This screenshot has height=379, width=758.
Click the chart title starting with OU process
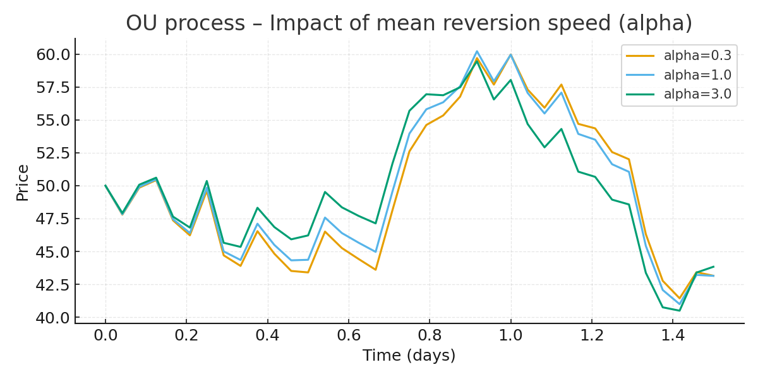(x=409, y=23)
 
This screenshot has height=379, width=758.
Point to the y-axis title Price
(x=23, y=183)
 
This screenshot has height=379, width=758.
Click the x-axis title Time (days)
(x=409, y=356)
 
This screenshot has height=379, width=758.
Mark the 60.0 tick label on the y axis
(x=53, y=54)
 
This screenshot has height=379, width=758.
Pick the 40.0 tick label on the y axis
(x=53, y=318)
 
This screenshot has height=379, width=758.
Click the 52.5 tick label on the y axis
(x=53, y=153)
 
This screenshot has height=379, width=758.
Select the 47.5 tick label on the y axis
(x=53, y=219)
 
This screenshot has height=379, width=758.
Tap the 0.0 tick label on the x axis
(x=105, y=335)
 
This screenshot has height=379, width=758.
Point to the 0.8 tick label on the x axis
(x=430, y=335)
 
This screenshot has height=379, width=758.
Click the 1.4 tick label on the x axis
(x=673, y=335)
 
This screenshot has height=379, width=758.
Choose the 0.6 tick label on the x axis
(x=349, y=335)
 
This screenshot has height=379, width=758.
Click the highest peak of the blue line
(x=477, y=51)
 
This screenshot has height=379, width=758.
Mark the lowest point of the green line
(x=679, y=310)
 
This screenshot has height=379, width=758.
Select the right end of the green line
(x=713, y=267)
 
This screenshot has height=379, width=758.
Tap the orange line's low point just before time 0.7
(x=375, y=270)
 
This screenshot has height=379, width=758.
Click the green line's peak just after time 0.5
(x=325, y=192)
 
